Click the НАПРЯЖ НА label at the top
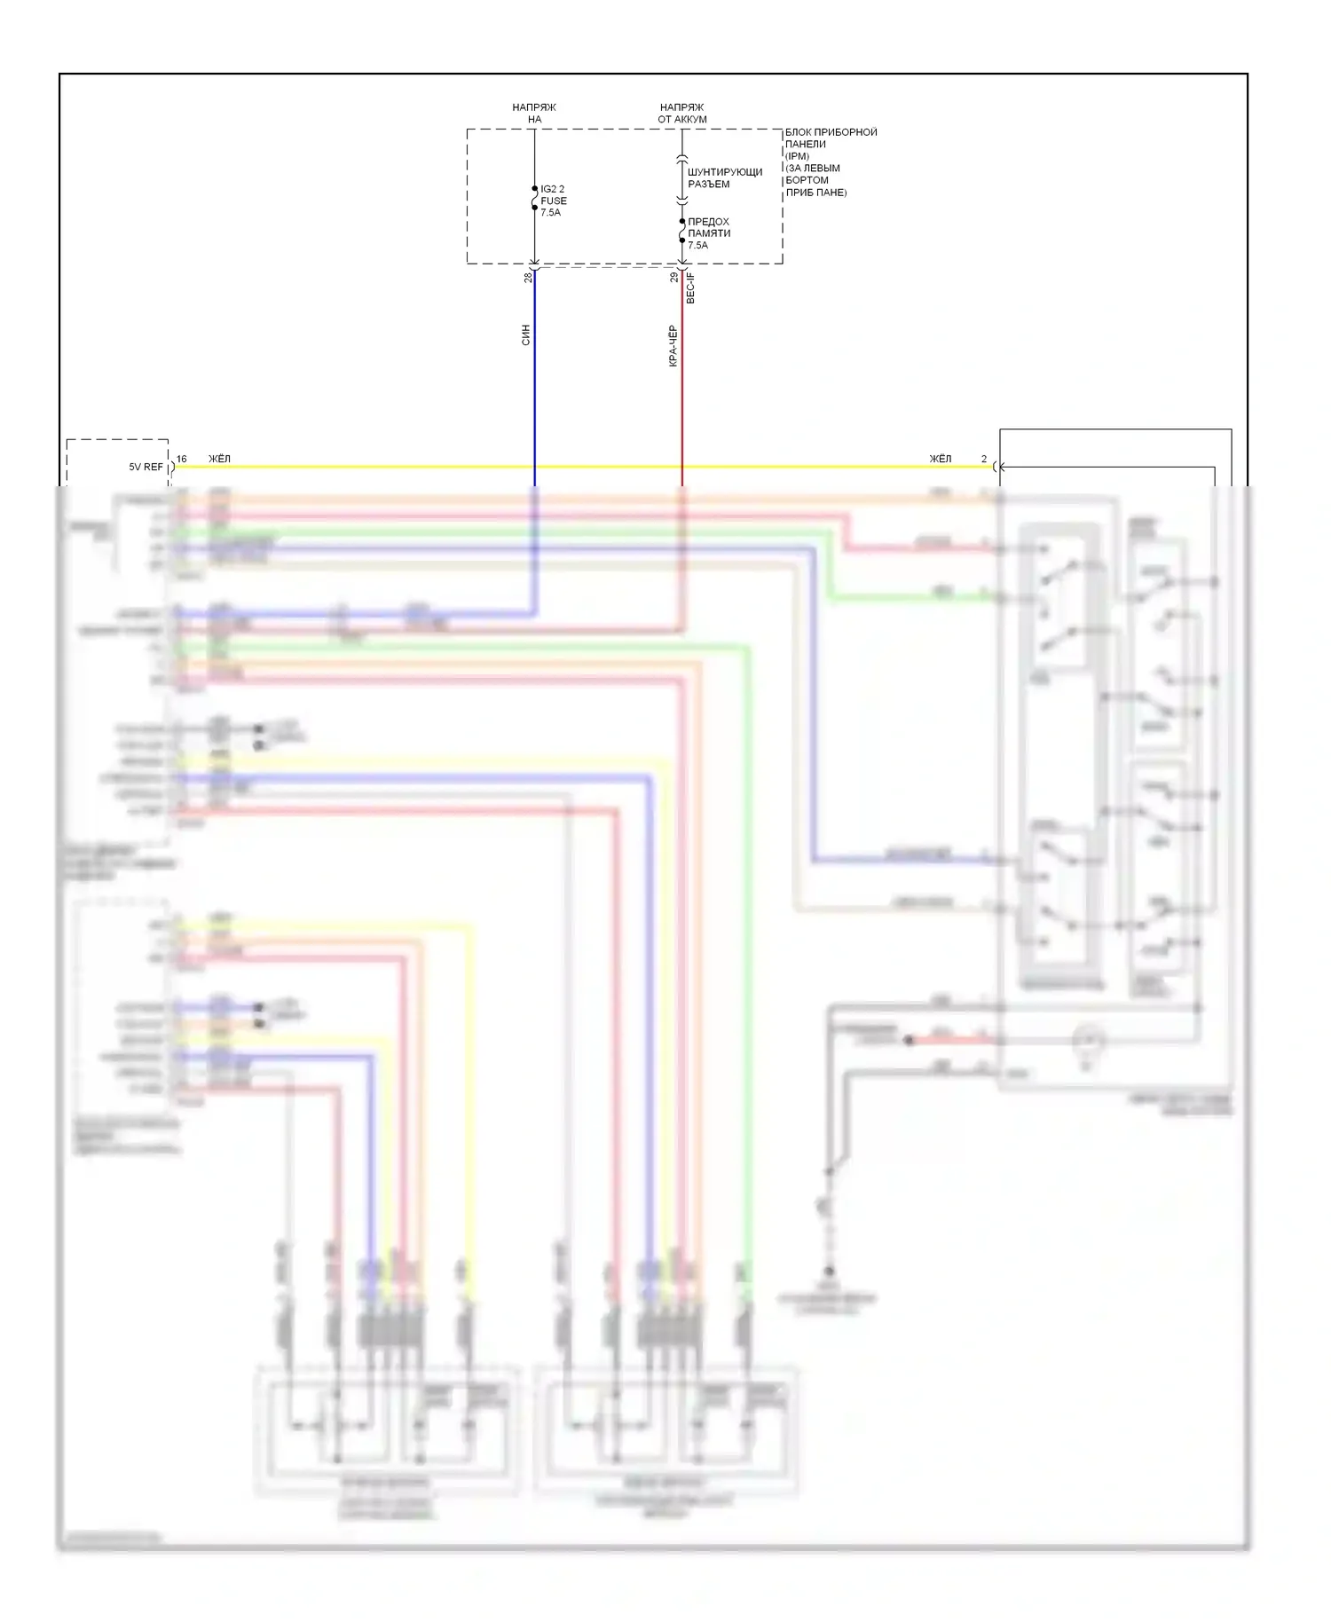(x=534, y=113)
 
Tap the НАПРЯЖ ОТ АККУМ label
(x=681, y=113)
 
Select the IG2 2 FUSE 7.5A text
(x=553, y=201)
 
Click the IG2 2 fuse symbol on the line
(x=534, y=199)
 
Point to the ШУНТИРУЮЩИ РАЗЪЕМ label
(x=724, y=177)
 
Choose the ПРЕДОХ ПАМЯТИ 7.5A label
(x=709, y=233)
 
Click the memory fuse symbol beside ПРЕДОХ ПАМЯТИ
(x=681, y=231)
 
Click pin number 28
(x=528, y=278)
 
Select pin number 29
(x=674, y=278)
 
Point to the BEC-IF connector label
(x=691, y=288)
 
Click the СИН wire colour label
(x=525, y=335)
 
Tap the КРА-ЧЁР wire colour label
(x=673, y=345)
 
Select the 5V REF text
(x=146, y=467)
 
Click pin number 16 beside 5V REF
(x=181, y=459)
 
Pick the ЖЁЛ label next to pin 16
(x=219, y=459)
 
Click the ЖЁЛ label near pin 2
(x=940, y=459)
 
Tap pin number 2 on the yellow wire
(x=983, y=459)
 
